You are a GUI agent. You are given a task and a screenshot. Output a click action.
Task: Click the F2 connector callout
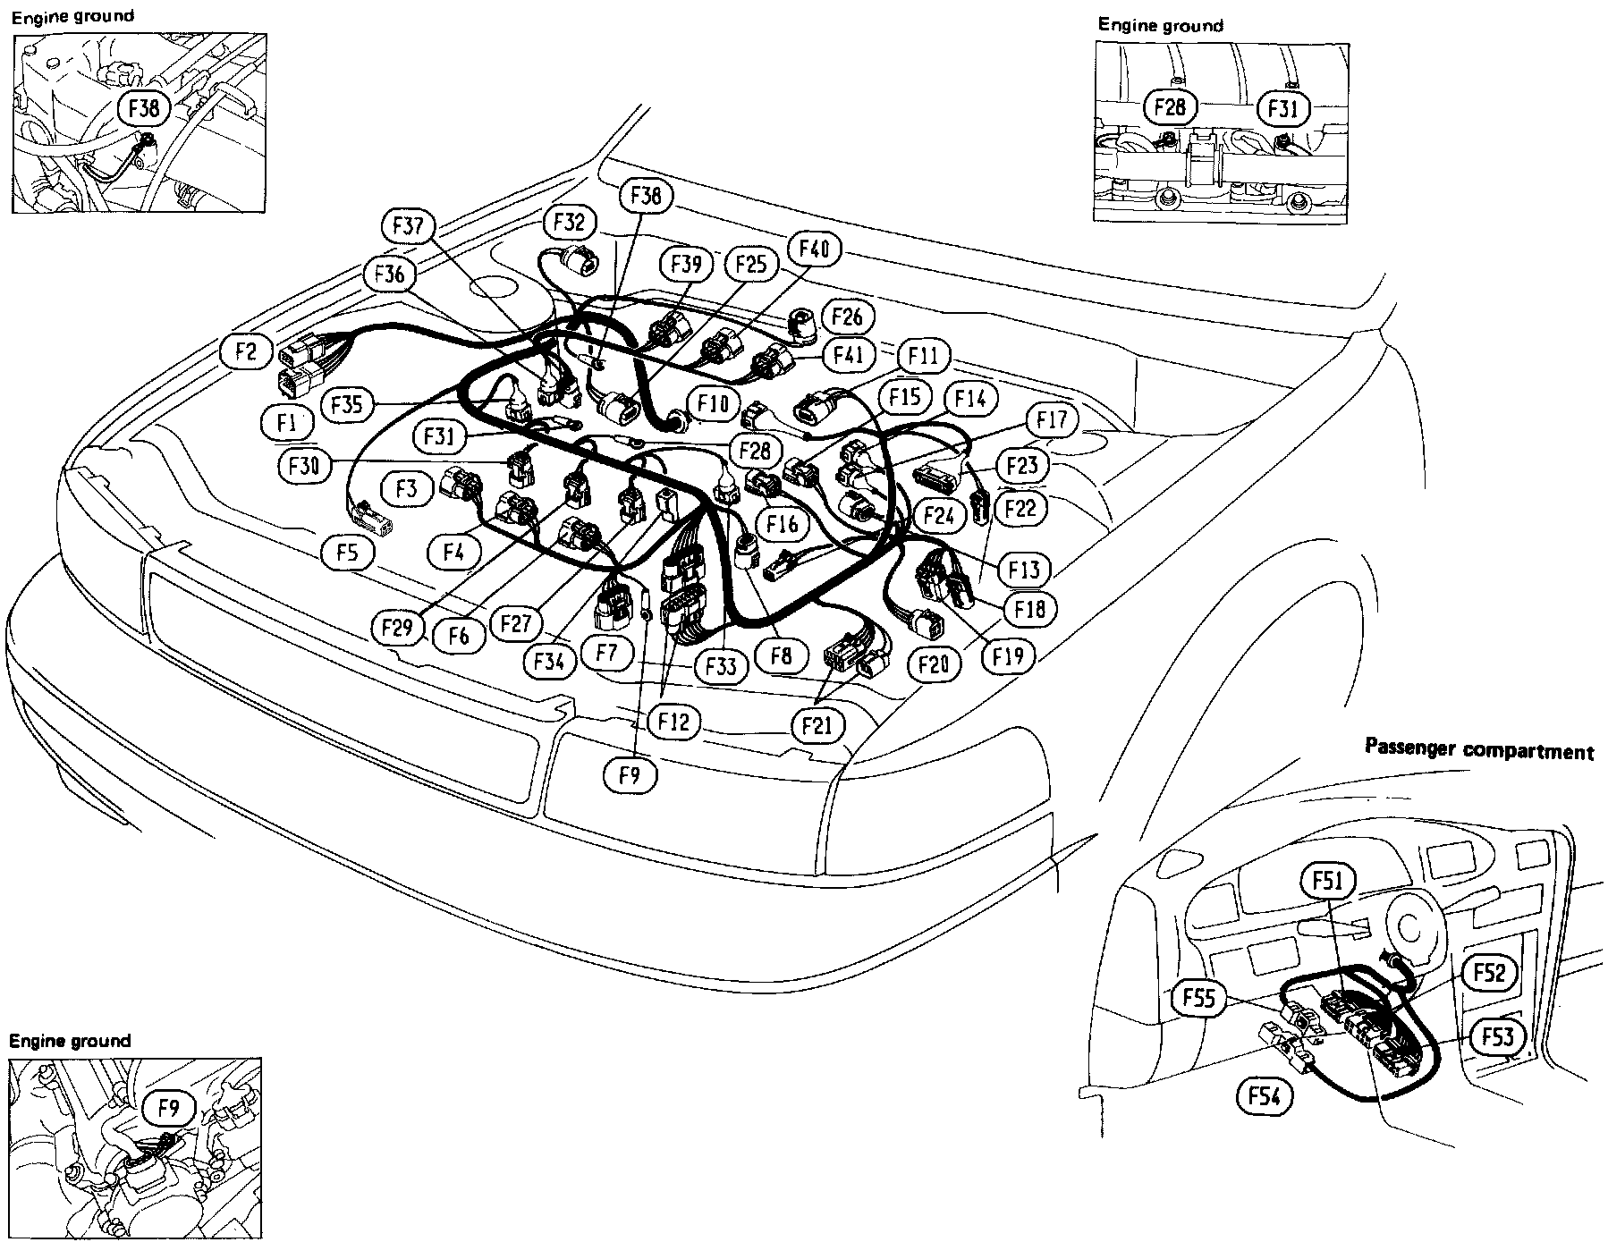pyautogui.click(x=246, y=351)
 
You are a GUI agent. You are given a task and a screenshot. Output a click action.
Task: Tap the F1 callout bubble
pyautogui.click(x=286, y=423)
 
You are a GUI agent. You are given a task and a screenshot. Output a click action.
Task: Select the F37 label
pyautogui.click(x=409, y=226)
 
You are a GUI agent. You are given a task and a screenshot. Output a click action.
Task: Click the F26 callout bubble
pyautogui.click(x=846, y=316)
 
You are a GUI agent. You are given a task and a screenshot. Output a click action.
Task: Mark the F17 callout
pyautogui.click(x=1053, y=418)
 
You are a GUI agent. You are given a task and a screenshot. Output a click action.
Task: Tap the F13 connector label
pyautogui.click(x=1022, y=569)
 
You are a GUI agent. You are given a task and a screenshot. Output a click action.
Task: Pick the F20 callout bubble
pyautogui.click(x=933, y=663)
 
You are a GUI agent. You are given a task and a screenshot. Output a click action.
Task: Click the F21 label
pyautogui.click(x=817, y=724)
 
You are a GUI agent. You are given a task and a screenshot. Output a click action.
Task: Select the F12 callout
pyautogui.click(x=674, y=721)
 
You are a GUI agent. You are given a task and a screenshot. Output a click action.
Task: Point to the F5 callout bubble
pyautogui.click(x=348, y=553)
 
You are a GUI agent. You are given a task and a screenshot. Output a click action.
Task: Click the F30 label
pyautogui.click(x=303, y=465)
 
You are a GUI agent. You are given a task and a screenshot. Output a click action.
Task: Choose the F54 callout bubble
pyautogui.click(x=1265, y=1095)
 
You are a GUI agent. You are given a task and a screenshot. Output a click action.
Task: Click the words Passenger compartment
pyautogui.click(x=1479, y=750)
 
